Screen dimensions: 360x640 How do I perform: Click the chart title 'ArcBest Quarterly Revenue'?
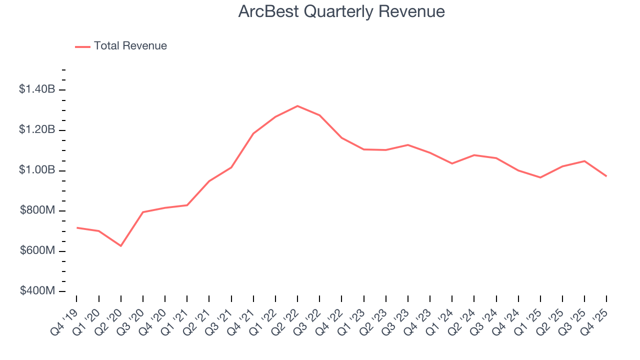click(341, 11)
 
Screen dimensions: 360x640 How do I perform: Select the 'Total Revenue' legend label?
click(130, 46)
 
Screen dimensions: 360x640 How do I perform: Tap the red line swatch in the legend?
click(82, 46)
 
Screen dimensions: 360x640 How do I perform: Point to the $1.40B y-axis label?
click(36, 89)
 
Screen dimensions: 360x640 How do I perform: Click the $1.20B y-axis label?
click(36, 130)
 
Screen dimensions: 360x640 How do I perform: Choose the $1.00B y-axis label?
click(36, 170)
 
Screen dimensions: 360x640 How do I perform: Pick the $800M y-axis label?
click(37, 210)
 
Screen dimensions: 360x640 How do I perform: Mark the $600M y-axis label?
click(37, 250)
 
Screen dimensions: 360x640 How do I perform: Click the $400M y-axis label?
click(37, 291)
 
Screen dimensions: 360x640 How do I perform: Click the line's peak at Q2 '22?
click(297, 106)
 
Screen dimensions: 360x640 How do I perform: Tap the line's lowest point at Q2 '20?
click(121, 245)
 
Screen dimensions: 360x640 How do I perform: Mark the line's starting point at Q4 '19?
click(77, 227)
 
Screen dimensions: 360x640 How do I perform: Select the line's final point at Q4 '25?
click(606, 176)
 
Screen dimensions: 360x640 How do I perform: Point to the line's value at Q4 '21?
click(253, 133)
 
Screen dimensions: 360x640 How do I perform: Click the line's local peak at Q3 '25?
click(584, 161)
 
